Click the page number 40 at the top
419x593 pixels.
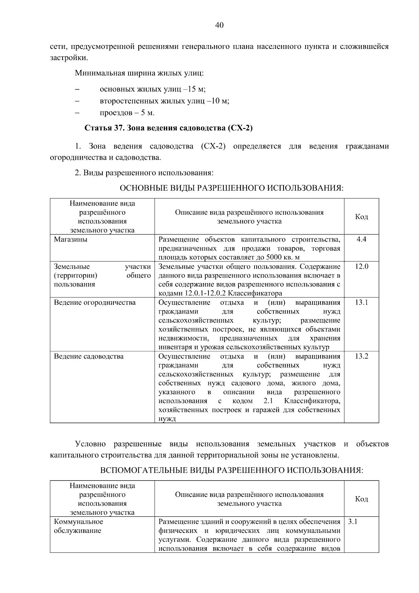(x=219, y=25)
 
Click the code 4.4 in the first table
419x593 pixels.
(x=361, y=239)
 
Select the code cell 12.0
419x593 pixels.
(x=361, y=267)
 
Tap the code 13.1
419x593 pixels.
(x=361, y=302)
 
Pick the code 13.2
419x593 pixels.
(x=361, y=356)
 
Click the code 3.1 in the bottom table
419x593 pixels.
(x=353, y=522)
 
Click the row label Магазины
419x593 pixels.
(x=71, y=239)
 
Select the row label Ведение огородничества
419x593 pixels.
(x=95, y=302)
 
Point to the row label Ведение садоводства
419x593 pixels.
(x=89, y=356)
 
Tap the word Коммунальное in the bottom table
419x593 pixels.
(x=79, y=522)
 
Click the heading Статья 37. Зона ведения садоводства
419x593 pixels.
(x=169, y=128)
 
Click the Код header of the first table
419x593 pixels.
(x=361, y=217)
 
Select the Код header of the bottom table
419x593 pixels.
(x=361, y=499)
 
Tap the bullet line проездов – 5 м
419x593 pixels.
(x=127, y=113)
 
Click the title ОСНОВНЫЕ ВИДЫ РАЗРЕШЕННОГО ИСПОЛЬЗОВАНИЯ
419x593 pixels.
(x=231, y=188)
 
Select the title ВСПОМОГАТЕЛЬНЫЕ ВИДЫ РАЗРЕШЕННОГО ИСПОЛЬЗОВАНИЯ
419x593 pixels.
(x=231, y=470)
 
